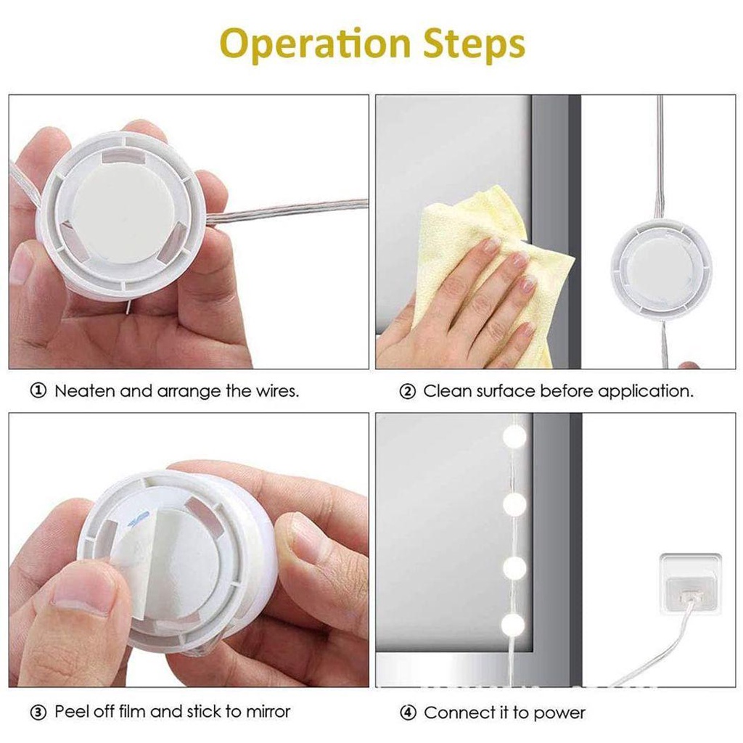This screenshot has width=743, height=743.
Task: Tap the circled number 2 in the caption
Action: pos(408,392)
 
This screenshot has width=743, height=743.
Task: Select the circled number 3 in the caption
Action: pos(38,712)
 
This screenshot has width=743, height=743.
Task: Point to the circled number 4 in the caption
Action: pos(408,713)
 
